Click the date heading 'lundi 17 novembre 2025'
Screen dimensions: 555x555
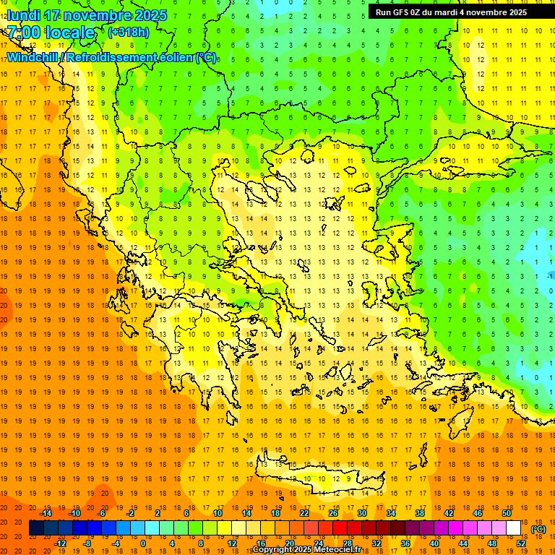point(86,15)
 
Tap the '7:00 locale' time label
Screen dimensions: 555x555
point(50,33)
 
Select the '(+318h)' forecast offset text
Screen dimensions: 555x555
point(128,33)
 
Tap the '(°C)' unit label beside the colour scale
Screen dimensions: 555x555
point(538,529)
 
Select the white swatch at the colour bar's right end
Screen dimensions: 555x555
point(514,528)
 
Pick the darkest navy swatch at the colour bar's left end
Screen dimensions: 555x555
point(36,528)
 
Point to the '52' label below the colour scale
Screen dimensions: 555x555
point(521,543)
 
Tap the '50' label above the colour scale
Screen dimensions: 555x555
point(507,513)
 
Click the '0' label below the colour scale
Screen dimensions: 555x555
point(143,543)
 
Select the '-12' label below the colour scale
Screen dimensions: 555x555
point(60,543)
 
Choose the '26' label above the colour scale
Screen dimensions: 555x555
point(333,513)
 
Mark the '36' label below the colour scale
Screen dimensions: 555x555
point(405,543)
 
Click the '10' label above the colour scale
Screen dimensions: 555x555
point(218,513)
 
